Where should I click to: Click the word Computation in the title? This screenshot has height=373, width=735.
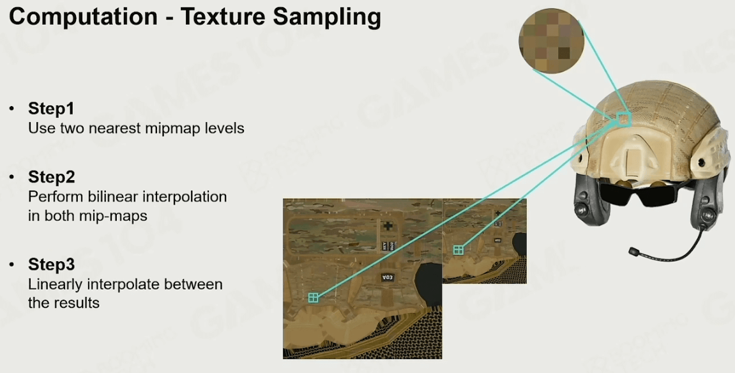pos(83,17)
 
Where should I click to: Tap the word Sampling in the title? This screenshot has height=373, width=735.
pos(327,17)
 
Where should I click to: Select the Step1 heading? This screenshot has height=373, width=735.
pos(51,108)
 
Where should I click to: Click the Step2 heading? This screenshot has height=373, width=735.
pos(52,177)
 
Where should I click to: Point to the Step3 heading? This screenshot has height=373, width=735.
pos(51,264)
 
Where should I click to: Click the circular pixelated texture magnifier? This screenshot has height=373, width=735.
pos(551,41)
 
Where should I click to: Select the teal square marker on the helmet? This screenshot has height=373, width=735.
pos(624,119)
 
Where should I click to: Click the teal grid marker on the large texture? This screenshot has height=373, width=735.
pos(314,298)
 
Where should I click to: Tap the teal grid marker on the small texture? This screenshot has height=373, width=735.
pos(458,250)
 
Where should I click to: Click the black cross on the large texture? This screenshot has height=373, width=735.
pos(388,226)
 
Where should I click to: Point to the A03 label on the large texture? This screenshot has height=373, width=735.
pos(387,277)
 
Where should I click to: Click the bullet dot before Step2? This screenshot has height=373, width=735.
pos(11,177)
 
